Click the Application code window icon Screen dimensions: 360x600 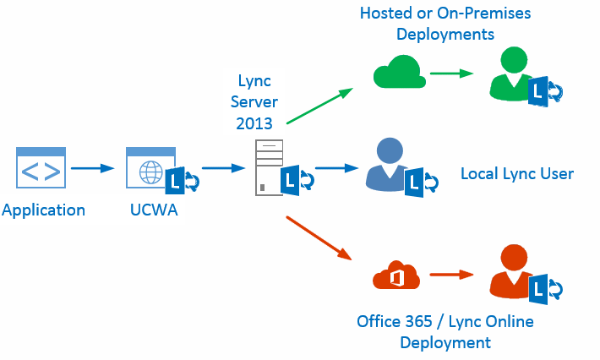tap(41, 167)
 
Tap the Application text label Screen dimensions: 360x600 tap(44, 210)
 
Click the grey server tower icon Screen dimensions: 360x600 tap(268, 168)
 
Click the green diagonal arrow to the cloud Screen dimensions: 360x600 tap(319, 106)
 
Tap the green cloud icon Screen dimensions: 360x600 tap(399, 74)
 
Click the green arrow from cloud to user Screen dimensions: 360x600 tap(451, 74)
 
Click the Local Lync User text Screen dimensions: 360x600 tap(516, 174)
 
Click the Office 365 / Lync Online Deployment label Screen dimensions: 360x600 tap(445, 332)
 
